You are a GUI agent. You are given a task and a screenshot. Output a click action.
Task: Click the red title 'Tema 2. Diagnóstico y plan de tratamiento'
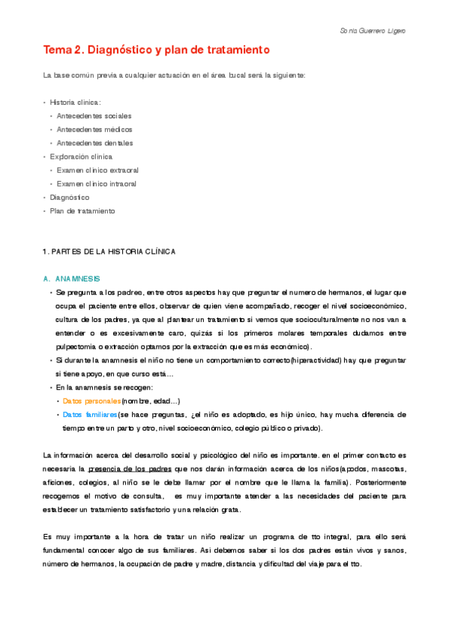156,51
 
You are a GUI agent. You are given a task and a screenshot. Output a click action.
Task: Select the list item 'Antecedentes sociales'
94,116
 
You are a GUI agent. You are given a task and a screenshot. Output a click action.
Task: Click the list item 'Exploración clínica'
81,157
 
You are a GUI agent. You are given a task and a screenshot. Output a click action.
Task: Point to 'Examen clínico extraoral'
97,170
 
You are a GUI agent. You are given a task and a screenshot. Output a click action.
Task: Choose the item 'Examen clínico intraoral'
97,183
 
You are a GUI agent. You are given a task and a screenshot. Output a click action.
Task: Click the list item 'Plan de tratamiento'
82,211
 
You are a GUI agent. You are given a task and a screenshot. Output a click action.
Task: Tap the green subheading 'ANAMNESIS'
78,279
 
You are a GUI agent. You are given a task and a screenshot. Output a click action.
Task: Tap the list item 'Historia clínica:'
75,103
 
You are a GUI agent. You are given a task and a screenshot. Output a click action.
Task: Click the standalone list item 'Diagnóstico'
70,197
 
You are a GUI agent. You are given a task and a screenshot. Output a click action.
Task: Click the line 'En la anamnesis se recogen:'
104,387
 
